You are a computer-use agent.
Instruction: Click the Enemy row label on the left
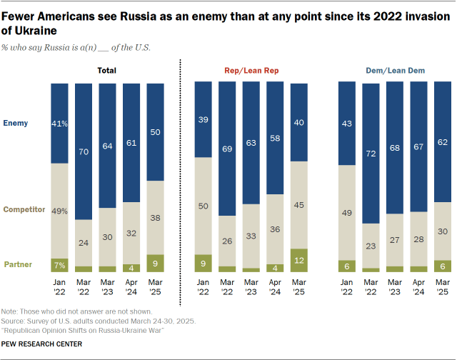pyautogui.click(x=15, y=123)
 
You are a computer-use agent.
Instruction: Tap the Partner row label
pyautogui.click(x=18, y=265)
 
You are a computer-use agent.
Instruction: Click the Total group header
pyautogui.click(x=106, y=71)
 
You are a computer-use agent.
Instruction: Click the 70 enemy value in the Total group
pyautogui.click(x=84, y=151)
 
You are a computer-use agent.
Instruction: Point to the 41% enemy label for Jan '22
pyautogui.click(x=59, y=123)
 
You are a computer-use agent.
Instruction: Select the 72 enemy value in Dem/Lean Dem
pyautogui.click(x=371, y=154)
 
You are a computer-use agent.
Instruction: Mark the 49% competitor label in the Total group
pyautogui.click(x=59, y=210)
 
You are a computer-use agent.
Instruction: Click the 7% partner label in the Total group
pyautogui.click(x=59, y=265)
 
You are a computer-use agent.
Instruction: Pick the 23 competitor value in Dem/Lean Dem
pyautogui.click(x=371, y=246)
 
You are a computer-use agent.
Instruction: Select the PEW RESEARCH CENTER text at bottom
pyautogui.click(x=41, y=344)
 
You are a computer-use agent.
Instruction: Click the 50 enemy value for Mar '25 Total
pyautogui.click(x=156, y=132)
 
